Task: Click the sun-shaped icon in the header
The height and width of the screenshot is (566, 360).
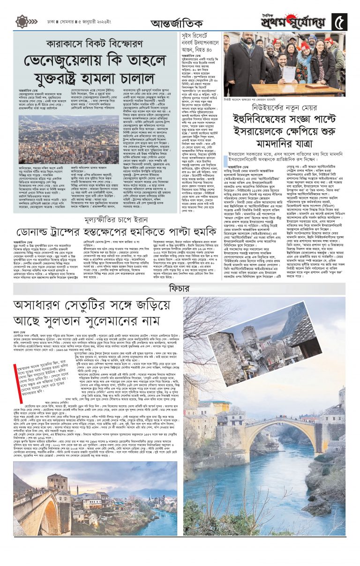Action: [x=22, y=21]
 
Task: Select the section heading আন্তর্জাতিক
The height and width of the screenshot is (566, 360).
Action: [x=180, y=23]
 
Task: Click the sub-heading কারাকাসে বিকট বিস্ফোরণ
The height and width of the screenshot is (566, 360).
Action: [x=97, y=45]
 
